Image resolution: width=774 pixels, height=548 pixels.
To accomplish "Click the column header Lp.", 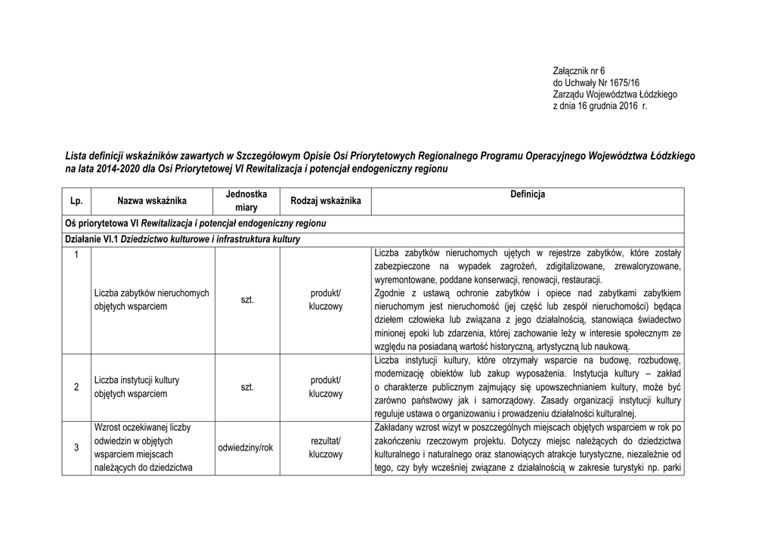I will pyautogui.click(x=76, y=201).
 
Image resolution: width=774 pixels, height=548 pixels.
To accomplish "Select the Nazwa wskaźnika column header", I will pyautogui.click(x=152, y=201).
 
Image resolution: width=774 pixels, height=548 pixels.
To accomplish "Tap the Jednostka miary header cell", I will pyautogui.click(x=247, y=200).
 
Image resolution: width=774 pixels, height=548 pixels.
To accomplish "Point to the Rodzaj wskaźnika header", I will pyautogui.click(x=326, y=201).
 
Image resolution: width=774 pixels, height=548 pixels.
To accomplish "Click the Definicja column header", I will pyautogui.click(x=527, y=195).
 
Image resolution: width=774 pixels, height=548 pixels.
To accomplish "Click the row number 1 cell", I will pyautogui.click(x=76, y=254).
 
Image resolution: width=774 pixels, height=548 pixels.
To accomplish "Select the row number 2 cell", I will pyautogui.click(x=76, y=387).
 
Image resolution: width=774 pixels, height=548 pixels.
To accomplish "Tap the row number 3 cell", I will pyautogui.click(x=76, y=447).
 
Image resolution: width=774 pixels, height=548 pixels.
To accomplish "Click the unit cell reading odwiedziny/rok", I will pyautogui.click(x=247, y=447).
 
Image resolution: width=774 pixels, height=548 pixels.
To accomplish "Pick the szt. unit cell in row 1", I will pyautogui.click(x=247, y=300).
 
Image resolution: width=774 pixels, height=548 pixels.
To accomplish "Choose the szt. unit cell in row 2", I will pyautogui.click(x=247, y=387).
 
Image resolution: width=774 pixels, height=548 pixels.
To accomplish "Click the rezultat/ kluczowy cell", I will pyautogui.click(x=326, y=447).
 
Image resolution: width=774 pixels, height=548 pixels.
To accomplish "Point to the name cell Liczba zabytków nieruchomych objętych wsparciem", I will pyautogui.click(x=152, y=300).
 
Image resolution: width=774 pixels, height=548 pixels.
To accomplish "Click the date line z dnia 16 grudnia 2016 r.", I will pyautogui.click(x=602, y=107).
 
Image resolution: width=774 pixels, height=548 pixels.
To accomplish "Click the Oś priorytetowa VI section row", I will pyautogui.click(x=197, y=225).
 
